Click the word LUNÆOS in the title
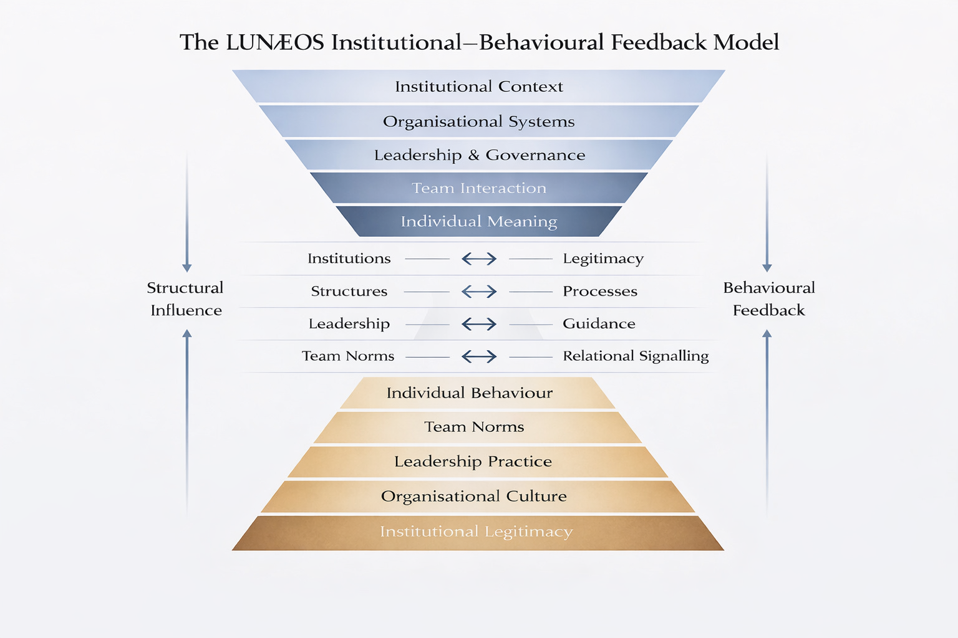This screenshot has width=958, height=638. click(274, 42)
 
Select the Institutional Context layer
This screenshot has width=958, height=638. click(478, 87)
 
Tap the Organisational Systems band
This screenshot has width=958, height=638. click(478, 121)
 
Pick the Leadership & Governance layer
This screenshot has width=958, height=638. click(479, 155)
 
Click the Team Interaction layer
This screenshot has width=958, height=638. click(478, 188)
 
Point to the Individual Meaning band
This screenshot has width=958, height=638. click(478, 221)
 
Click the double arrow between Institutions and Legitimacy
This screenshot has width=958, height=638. click(479, 259)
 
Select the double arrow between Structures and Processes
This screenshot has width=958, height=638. click(479, 292)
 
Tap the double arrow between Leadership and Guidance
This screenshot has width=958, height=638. click(479, 324)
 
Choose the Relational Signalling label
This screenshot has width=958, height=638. click(636, 356)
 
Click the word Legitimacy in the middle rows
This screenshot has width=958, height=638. click(603, 259)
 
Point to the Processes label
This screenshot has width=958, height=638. click(600, 291)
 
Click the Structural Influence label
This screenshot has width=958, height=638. click(185, 299)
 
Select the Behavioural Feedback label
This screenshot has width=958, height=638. click(769, 299)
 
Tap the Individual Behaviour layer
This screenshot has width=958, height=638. click(470, 393)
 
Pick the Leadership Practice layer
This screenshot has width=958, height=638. click(473, 462)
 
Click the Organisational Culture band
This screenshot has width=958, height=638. click(474, 497)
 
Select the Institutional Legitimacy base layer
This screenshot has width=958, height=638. click(476, 532)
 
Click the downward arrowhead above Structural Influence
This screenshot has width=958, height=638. click(186, 268)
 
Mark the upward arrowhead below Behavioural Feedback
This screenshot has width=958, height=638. click(767, 334)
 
